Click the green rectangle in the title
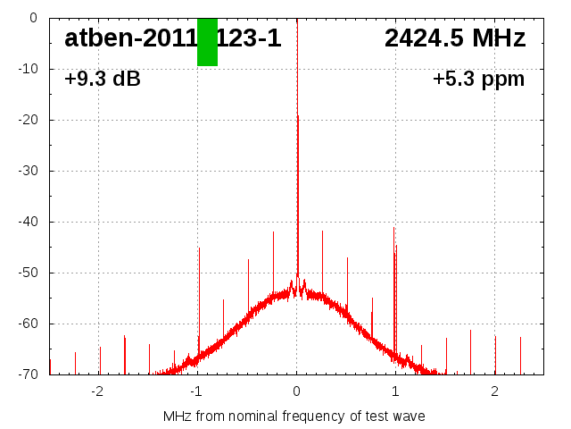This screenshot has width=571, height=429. coord(207,41)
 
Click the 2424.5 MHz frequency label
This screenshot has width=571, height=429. coord(455,38)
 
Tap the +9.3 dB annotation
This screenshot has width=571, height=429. coord(103,80)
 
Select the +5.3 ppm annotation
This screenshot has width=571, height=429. coord(478,80)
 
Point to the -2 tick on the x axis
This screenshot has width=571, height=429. coord(97,391)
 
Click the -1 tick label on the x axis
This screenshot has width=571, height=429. coord(196,391)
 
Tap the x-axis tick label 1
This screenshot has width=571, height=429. coord(395,391)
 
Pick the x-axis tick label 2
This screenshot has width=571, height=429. coord(494,391)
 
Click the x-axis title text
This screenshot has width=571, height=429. coord(294,416)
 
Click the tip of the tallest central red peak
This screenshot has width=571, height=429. coord(297,116)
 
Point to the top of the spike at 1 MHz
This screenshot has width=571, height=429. coord(394,229)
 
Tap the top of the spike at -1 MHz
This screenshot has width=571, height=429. coord(199,248)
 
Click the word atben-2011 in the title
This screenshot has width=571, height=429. coord(129,38)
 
